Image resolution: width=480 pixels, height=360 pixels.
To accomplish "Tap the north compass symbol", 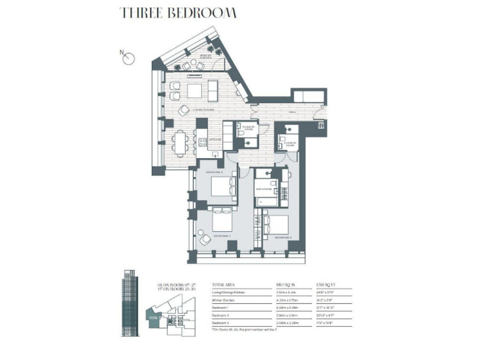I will tap(129, 59).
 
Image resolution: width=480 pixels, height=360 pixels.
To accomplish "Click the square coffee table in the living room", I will tap(195, 91).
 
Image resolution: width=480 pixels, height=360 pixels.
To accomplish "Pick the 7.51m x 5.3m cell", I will tap(287, 291).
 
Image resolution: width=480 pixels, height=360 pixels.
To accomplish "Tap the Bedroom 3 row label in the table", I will tap(224, 322).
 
